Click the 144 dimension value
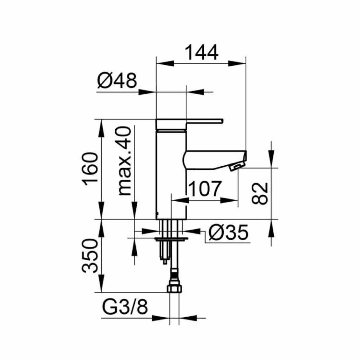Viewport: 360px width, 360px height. coord(201,53)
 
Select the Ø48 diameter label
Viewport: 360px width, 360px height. coord(116,81)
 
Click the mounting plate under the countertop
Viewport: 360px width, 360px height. coord(172,239)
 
